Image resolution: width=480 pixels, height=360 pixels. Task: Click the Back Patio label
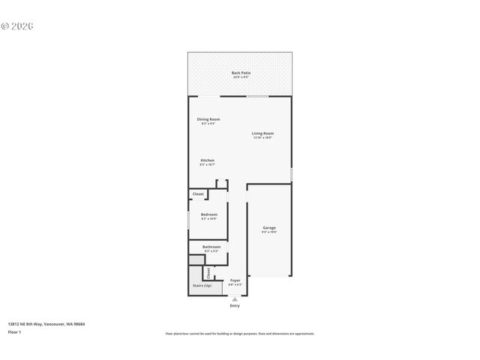click(241, 73)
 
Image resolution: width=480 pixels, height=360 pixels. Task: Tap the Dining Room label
click(208, 119)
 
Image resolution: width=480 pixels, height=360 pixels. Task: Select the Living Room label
click(262, 133)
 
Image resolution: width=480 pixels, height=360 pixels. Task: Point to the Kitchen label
click(208, 160)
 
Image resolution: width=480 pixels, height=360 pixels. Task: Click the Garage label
click(268, 227)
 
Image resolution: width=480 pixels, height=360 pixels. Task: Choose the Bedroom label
click(208, 214)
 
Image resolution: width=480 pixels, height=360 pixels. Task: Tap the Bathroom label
click(211, 247)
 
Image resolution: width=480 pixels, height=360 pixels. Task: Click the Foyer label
click(235, 280)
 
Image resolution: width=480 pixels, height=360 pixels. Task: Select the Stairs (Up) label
click(202, 286)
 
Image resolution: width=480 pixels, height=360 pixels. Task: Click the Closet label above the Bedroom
click(198, 194)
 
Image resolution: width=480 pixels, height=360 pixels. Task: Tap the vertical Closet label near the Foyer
click(208, 274)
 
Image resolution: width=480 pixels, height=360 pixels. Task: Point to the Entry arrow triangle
click(235, 298)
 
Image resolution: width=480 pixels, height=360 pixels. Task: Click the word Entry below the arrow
click(235, 306)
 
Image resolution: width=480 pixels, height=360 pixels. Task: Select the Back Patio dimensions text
click(241, 77)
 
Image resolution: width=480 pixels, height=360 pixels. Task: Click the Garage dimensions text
click(268, 232)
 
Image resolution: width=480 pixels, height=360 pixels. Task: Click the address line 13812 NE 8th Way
click(46, 324)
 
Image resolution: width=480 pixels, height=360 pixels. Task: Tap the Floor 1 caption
click(15, 331)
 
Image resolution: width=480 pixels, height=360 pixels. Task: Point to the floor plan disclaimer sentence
click(239, 333)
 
